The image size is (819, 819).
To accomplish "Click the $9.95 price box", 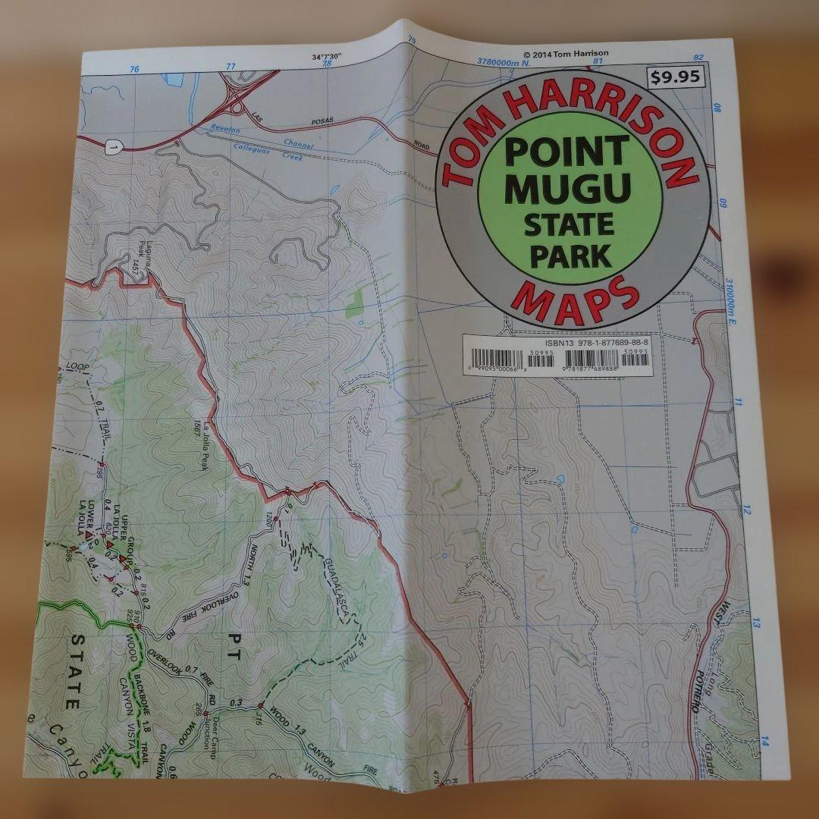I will pyautogui.click(x=676, y=77).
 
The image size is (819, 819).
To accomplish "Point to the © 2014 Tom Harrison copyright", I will pyautogui.click(x=566, y=54).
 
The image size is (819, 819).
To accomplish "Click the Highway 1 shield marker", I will pyautogui.click(x=114, y=149).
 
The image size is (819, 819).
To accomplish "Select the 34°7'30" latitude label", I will pyautogui.click(x=328, y=57).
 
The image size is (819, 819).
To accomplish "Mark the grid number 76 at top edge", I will pyautogui.click(x=135, y=69).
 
